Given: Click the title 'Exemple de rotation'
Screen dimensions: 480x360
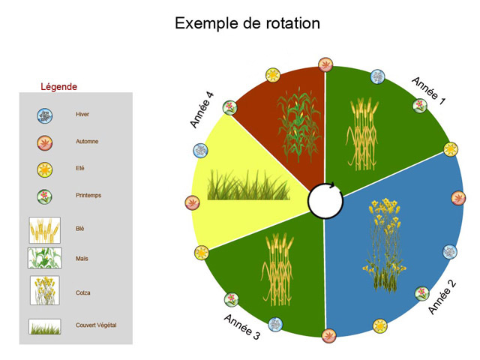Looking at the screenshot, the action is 247,23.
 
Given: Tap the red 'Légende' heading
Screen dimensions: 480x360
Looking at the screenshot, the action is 58,87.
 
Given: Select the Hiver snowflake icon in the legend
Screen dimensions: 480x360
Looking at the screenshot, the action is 45,116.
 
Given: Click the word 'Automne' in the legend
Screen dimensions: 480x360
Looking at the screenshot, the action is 87,142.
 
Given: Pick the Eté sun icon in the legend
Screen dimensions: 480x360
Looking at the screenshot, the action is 45,170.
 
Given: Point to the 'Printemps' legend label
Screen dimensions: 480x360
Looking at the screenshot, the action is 88,195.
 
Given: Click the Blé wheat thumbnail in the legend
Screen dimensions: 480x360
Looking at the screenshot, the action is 45,230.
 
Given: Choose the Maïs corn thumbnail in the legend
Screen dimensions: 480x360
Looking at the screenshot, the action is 45,258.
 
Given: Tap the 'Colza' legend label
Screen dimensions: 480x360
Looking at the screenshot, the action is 83,292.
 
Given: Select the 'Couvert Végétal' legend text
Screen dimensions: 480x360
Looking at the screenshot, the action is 96,325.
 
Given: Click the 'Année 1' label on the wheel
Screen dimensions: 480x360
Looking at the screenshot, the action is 428,91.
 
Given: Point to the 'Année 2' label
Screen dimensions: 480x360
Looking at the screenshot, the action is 442,297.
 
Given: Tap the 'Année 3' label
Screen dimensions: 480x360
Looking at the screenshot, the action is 242,327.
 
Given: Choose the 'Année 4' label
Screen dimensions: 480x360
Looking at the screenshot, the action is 202,109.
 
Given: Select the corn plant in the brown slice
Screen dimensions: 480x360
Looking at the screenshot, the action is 298,124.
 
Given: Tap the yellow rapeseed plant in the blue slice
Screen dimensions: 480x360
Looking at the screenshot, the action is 385,245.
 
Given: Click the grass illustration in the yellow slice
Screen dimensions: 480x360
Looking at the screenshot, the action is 248,184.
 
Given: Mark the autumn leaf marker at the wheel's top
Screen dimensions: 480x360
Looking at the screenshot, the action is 325,64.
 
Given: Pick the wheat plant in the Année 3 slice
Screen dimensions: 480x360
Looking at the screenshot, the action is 277,270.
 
